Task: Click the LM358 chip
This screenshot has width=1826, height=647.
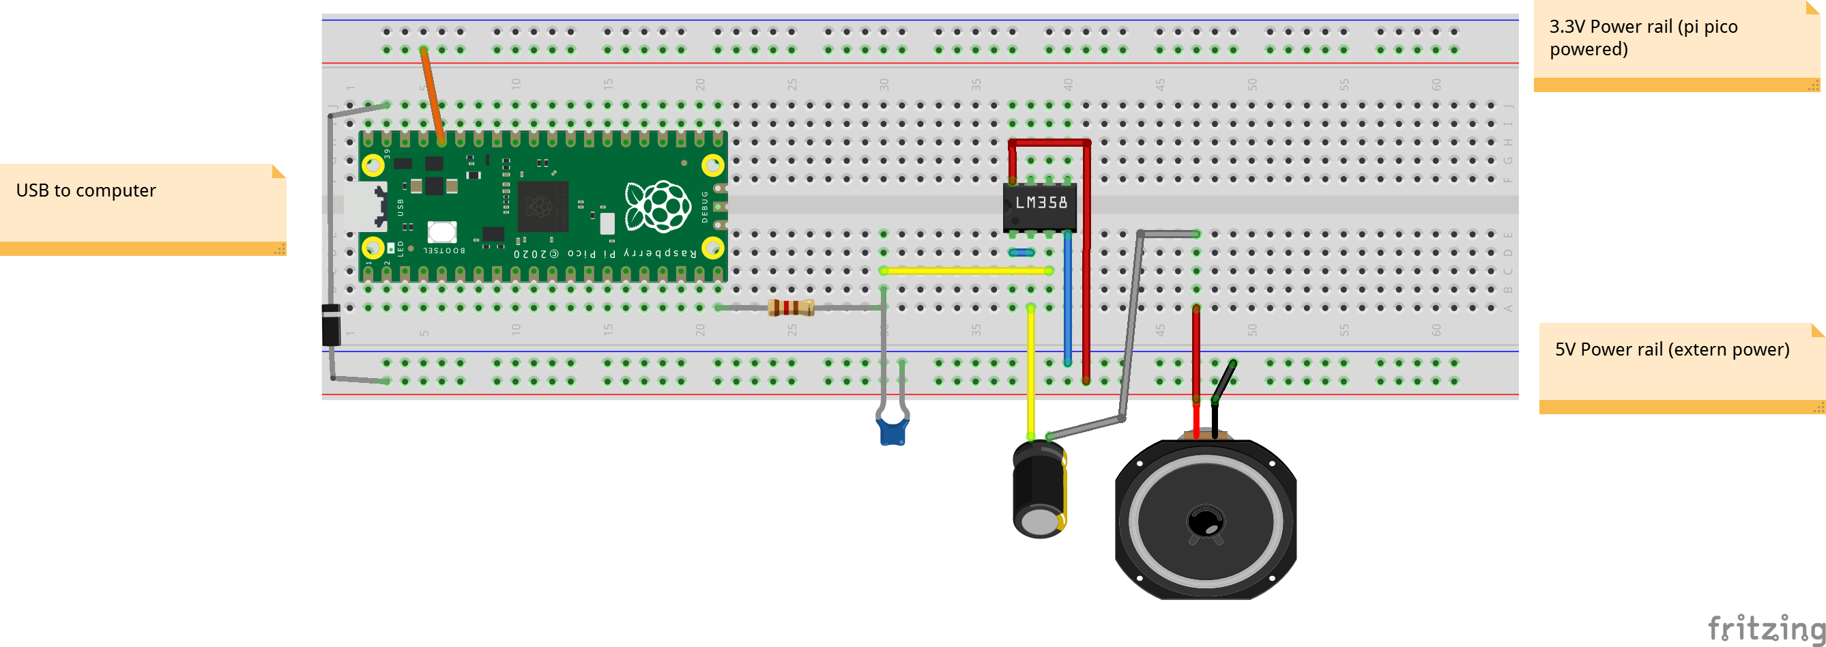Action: [1039, 205]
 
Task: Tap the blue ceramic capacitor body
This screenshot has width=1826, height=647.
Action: [893, 431]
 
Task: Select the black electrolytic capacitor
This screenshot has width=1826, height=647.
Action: [1039, 489]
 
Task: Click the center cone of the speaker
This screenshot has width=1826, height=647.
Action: [1204, 522]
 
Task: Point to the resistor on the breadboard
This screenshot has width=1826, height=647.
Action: [790, 308]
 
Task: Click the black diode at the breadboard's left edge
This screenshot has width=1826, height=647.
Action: [331, 325]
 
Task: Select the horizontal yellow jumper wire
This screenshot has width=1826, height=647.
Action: [966, 271]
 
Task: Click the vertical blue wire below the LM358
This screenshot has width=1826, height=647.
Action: [1067, 298]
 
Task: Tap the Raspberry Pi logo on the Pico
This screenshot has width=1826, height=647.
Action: [658, 206]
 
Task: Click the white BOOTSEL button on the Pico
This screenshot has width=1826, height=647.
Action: [441, 231]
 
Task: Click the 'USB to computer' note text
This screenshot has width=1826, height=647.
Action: [86, 190]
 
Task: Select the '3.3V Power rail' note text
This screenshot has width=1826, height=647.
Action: [1642, 38]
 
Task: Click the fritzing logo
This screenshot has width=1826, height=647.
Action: [1765, 628]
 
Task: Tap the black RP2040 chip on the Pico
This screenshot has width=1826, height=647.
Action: [542, 206]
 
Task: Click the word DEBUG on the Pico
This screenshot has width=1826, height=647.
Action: [705, 206]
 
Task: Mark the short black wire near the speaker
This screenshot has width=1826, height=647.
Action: [1224, 382]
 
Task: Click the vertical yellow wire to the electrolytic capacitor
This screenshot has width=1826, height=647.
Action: [1030, 372]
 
